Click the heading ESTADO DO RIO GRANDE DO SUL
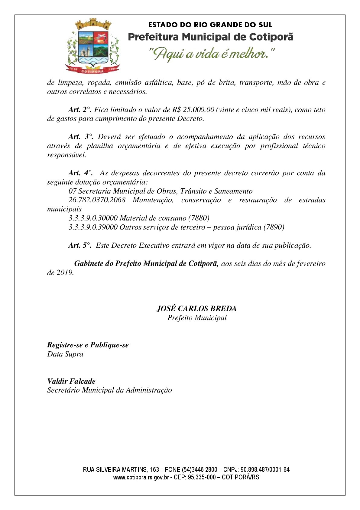click(x=210, y=25)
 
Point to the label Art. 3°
click(x=80, y=137)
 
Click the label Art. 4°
click(x=80, y=173)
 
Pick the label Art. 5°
click(x=80, y=246)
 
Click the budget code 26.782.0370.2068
click(x=97, y=200)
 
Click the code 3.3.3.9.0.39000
click(x=93, y=227)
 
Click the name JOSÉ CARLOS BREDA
click(x=196, y=309)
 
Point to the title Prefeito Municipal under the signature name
click(x=197, y=318)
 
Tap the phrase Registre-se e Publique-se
click(x=88, y=345)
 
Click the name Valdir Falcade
click(x=71, y=381)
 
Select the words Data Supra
click(x=65, y=354)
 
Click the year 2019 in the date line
click(x=64, y=273)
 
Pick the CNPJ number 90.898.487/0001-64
click(x=265, y=470)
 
